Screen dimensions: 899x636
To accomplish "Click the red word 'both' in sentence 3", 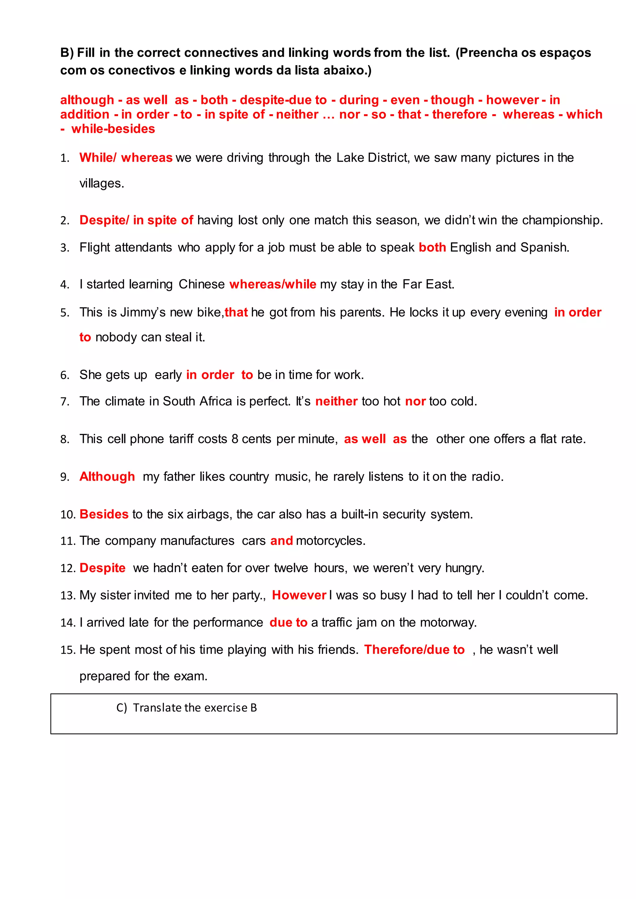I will pos(432,247).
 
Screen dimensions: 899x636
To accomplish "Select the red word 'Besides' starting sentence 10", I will pos(104,514).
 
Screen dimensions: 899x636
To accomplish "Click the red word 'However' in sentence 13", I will pos(299,595).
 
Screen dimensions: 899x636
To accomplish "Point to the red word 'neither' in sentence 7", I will pos(336,401).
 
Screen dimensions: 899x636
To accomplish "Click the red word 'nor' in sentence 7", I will pos(415,401).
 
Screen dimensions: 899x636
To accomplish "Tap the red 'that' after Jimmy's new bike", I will pos(236,313).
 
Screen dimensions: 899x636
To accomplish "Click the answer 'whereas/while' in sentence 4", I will pos(273,284).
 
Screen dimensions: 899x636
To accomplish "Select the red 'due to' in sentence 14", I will pos(288,623).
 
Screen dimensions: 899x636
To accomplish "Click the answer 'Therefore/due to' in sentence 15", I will pos(414,650).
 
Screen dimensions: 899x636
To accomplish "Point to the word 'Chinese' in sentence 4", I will pos(202,284).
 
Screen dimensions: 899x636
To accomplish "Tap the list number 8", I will pos(65,440).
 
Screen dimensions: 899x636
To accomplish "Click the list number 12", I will pos(67,568).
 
